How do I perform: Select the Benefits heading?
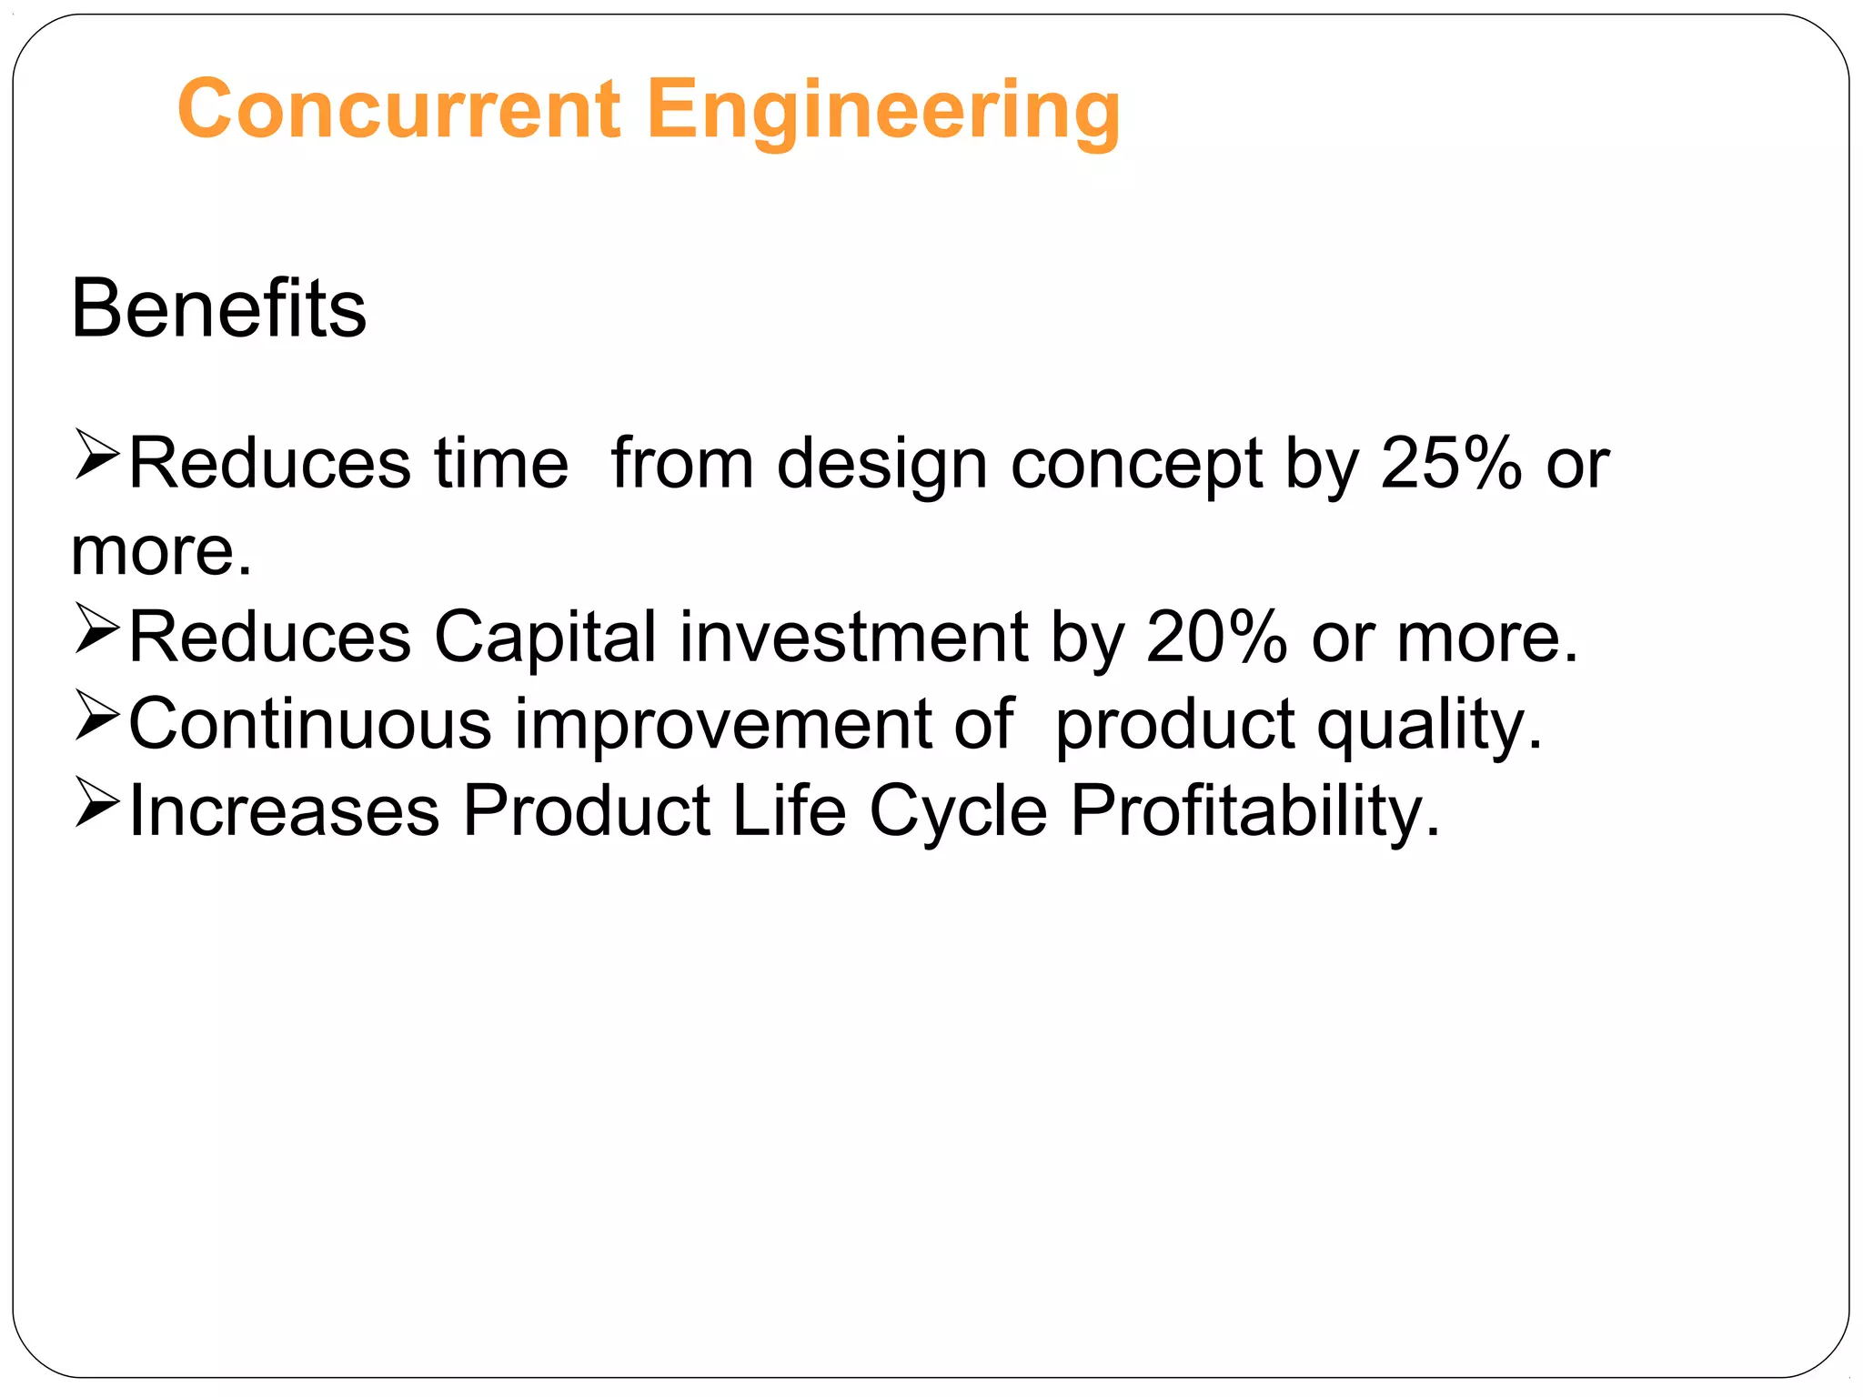pos(218,309)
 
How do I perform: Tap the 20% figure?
pos(1216,637)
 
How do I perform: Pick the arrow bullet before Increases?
pos(96,802)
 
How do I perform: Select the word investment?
pos(853,637)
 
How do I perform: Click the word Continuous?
pos(310,724)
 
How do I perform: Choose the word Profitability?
pos(1254,811)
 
